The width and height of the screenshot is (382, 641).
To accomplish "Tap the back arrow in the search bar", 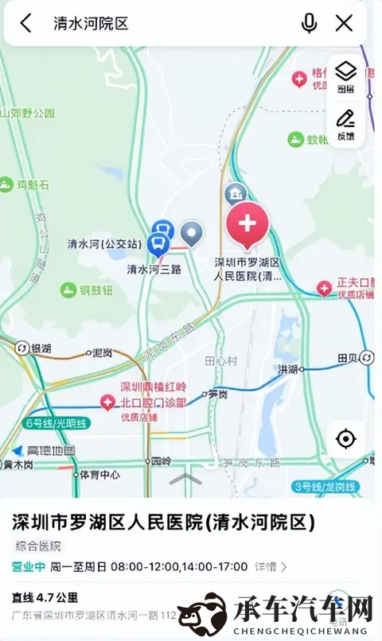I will point(26,23).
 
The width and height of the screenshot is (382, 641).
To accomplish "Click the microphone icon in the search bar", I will point(309,23).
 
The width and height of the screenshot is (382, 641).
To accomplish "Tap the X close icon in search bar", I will point(344,23).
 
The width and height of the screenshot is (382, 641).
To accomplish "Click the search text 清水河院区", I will point(91,23).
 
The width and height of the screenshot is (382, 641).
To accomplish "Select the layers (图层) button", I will point(345,76).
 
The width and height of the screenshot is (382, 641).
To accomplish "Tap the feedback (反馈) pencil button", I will point(345,124).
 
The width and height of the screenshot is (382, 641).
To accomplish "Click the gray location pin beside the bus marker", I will point(192,234).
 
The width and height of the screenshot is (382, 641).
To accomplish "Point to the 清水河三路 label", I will point(154,269).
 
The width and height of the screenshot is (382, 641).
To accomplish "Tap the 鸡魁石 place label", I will point(33,185).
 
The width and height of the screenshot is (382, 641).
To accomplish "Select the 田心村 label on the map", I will point(221,360).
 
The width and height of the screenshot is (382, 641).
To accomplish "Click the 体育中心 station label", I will point(99,475).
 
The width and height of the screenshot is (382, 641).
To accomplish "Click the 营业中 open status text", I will point(28,566).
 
